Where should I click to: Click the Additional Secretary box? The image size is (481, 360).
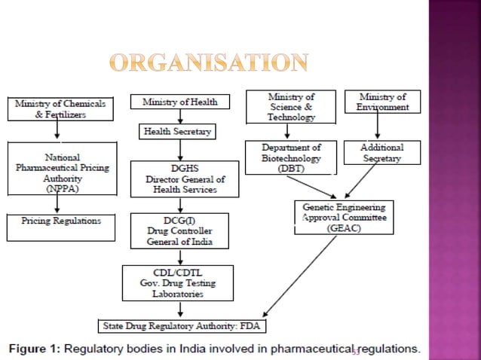383,154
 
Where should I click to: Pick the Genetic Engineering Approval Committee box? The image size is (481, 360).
344,217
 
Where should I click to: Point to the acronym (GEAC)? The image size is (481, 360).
344,227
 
